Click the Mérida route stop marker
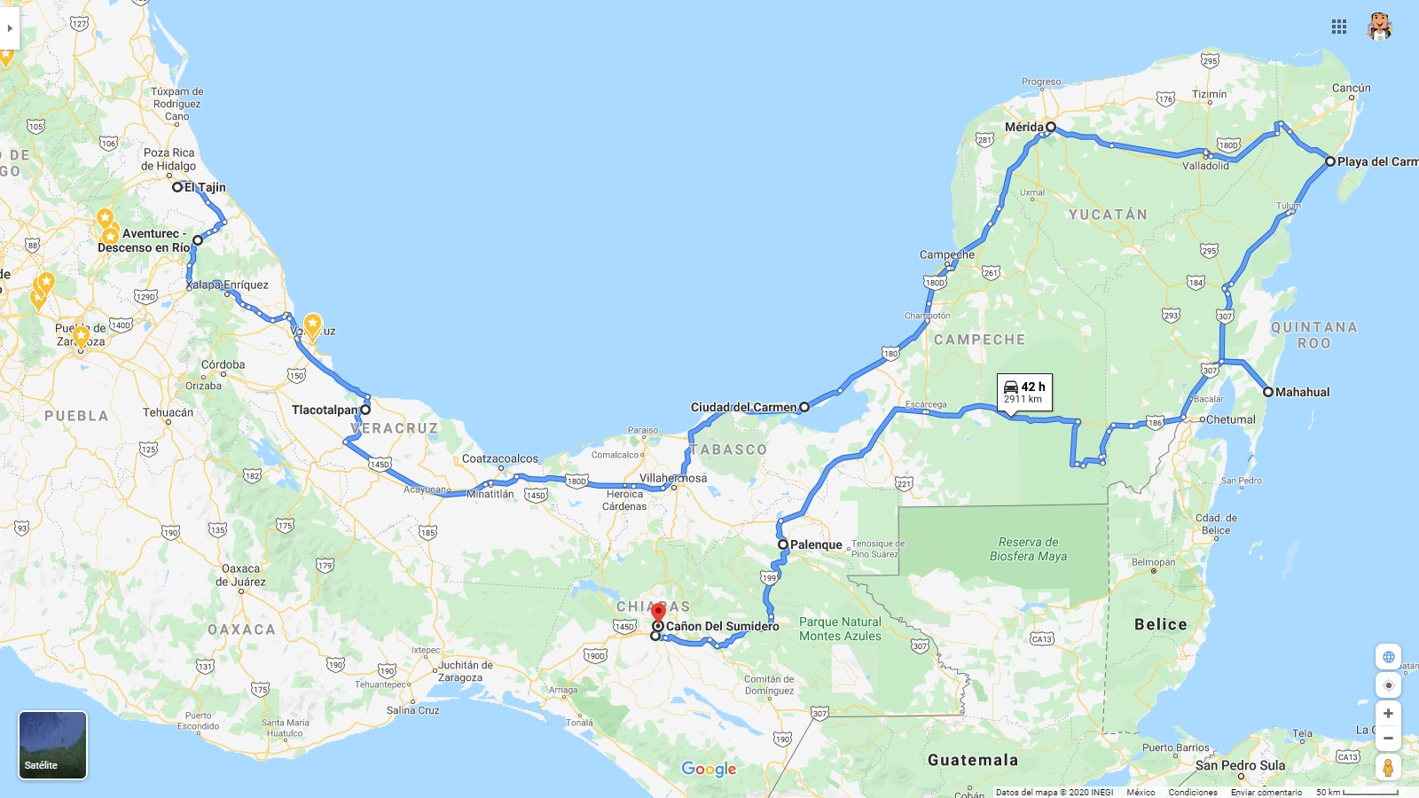(1051, 127)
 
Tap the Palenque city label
(816, 544)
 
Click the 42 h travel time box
(1024, 392)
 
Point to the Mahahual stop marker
(1268, 392)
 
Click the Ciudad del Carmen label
(743, 407)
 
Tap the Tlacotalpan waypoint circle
(365, 410)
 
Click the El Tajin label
(205, 187)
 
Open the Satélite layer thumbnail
(53, 745)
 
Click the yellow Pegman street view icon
(1388, 767)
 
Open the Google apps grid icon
(1339, 27)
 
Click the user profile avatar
(1379, 27)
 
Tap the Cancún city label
(1351, 88)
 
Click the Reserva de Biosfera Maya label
(1028, 549)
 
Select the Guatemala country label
(973, 760)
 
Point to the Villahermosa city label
(673, 478)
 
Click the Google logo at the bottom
(709, 769)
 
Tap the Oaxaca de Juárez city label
(240, 575)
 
